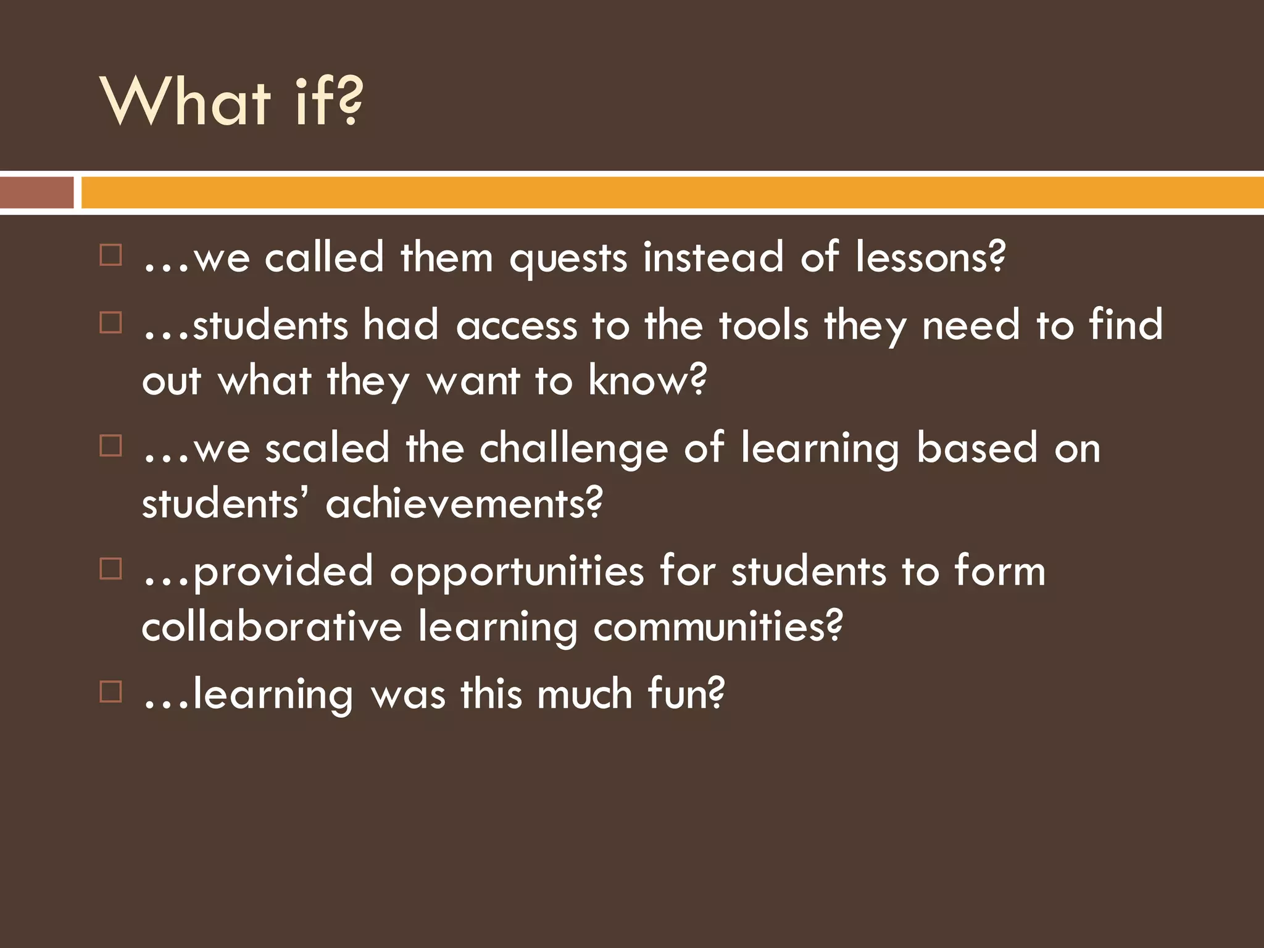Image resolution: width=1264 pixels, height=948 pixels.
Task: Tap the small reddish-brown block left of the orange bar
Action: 37,193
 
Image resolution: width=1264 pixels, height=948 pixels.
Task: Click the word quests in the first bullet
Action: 568,258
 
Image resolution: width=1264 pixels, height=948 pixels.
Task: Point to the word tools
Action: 763,325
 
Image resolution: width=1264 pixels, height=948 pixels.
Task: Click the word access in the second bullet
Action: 516,326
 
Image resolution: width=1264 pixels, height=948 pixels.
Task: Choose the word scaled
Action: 327,448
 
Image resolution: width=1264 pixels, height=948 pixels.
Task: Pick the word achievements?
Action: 464,504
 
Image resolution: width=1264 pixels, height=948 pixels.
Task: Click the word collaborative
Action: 272,626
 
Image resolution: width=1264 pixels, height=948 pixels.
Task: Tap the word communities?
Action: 718,626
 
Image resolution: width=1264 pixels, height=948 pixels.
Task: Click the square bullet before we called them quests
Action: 110,255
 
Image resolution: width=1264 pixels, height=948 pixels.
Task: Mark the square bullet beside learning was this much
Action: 110,692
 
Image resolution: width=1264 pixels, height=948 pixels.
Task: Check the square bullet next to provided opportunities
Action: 110,568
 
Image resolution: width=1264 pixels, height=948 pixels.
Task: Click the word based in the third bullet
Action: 976,448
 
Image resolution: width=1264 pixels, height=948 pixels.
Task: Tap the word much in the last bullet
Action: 584,694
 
